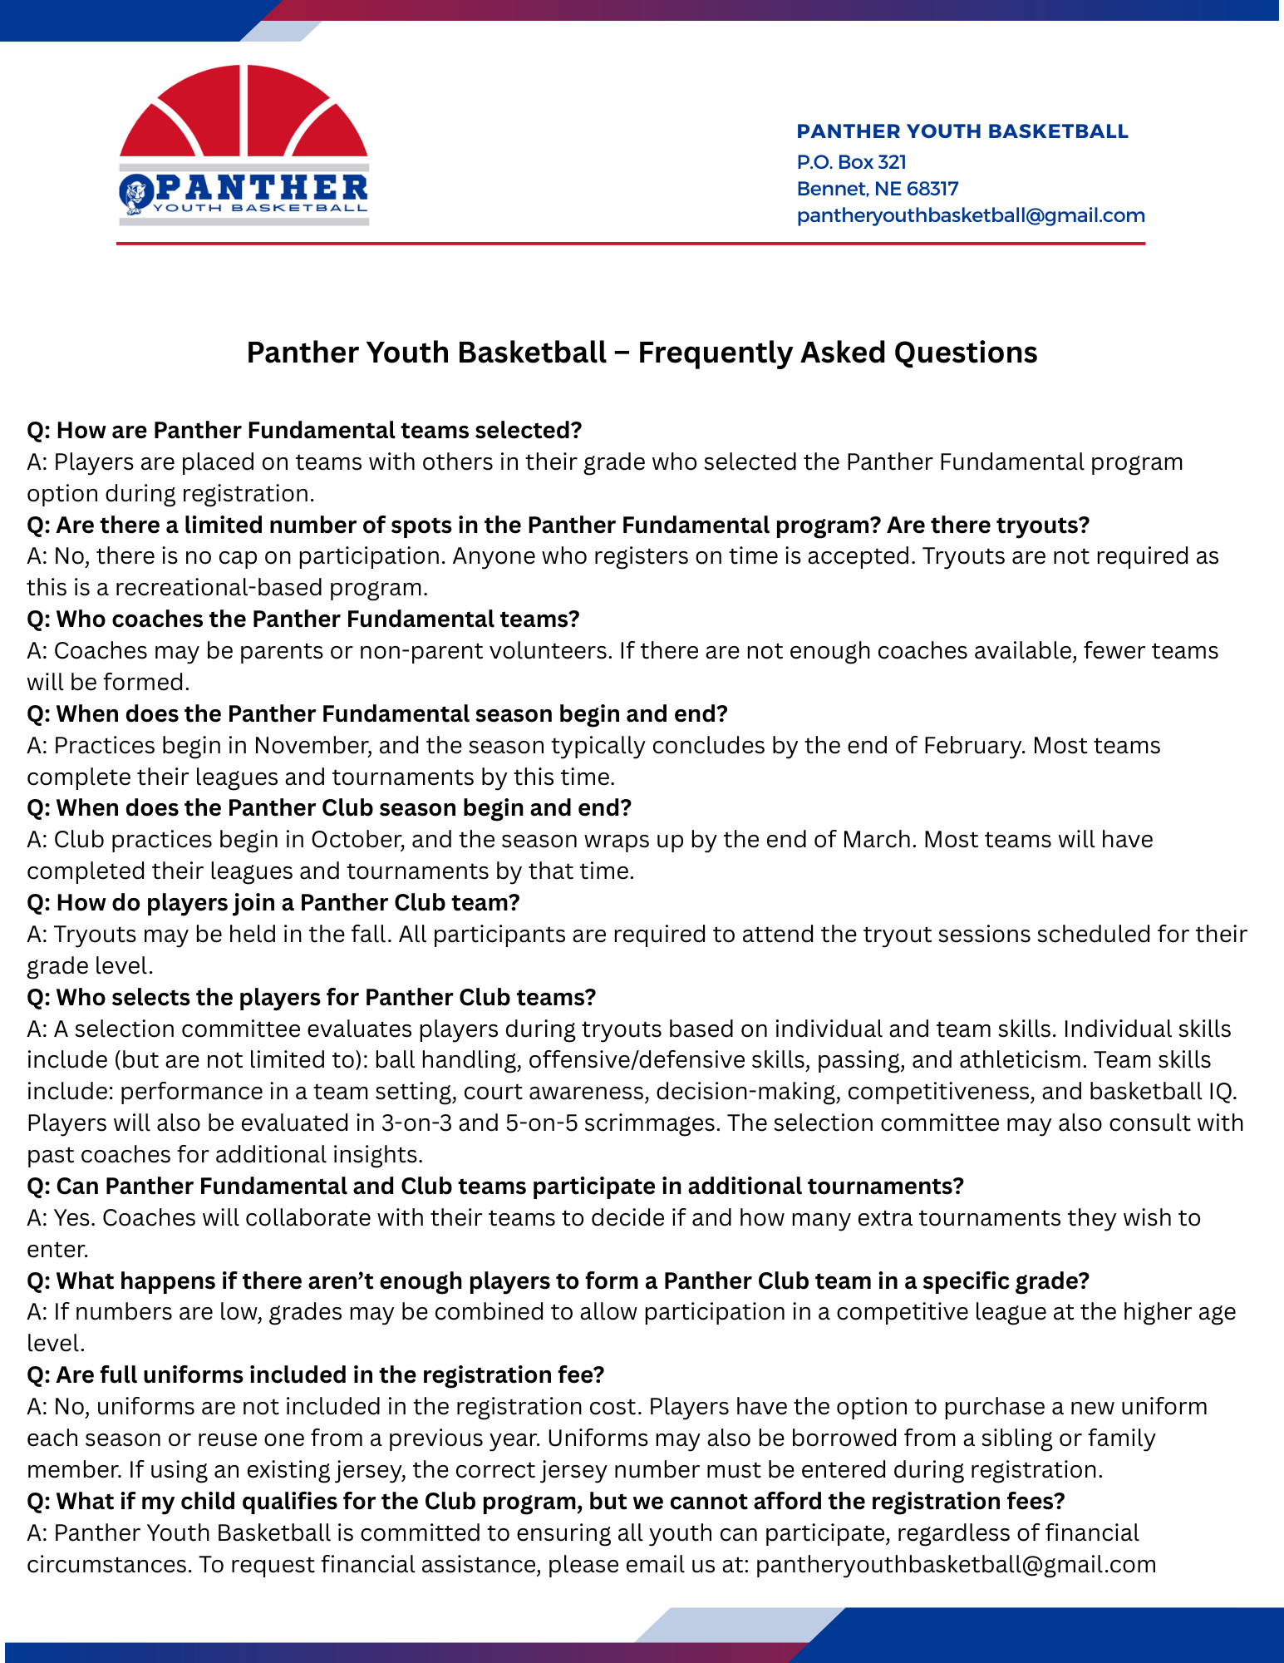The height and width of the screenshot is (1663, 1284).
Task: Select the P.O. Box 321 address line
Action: pos(851,162)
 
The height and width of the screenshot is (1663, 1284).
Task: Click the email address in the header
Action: pos(970,215)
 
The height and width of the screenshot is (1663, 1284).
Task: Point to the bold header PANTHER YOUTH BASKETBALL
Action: pos(962,131)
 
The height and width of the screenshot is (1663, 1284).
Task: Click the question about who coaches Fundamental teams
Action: pos(303,619)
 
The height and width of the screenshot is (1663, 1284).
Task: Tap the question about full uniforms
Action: pos(316,1374)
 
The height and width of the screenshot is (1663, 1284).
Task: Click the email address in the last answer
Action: pos(956,1564)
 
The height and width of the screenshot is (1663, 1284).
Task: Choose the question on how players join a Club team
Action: pos(273,902)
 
